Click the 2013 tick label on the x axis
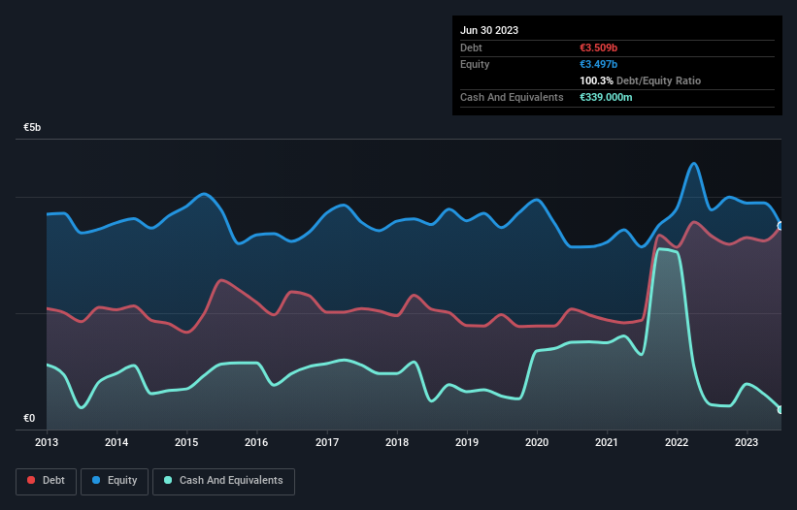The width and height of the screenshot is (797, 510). [x=47, y=442]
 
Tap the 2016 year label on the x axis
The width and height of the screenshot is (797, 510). [x=257, y=442]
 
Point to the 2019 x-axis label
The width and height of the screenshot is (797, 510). [x=467, y=442]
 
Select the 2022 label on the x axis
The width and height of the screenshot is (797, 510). [x=677, y=442]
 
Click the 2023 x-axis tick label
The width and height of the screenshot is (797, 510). [x=747, y=442]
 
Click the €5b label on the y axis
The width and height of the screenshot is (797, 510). [x=33, y=128]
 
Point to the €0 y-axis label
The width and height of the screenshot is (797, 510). [x=29, y=419]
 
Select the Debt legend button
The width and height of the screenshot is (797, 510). [x=45, y=480]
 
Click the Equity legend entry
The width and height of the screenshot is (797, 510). [x=114, y=480]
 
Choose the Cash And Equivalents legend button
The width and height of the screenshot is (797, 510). [x=223, y=480]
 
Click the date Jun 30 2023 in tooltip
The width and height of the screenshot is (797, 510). [x=489, y=30]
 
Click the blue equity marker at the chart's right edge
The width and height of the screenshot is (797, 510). [x=780, y=226]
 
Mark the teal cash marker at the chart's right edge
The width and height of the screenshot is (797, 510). [x=780, y=410]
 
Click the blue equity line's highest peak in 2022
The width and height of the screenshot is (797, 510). [x=693, y=163]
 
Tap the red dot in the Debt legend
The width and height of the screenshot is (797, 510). [x=32, y=480]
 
